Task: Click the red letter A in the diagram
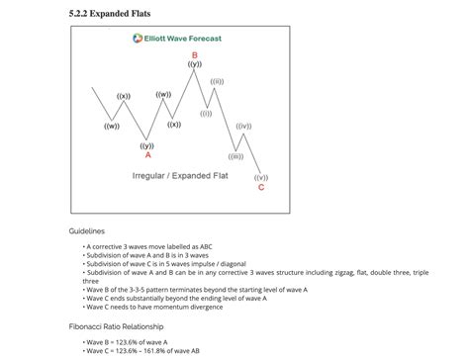[147, 154]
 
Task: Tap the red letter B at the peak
[194, 55]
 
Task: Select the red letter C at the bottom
[260, 186]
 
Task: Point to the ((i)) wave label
[206, 113]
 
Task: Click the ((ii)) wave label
[217, 81]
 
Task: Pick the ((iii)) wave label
[234, 156]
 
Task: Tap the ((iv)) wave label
[243, 127]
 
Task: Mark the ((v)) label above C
[260, 177]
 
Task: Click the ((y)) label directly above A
[146, 145]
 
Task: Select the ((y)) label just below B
[194, 64]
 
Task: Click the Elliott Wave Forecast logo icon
[138, 39]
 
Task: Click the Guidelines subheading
[86, 230]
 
